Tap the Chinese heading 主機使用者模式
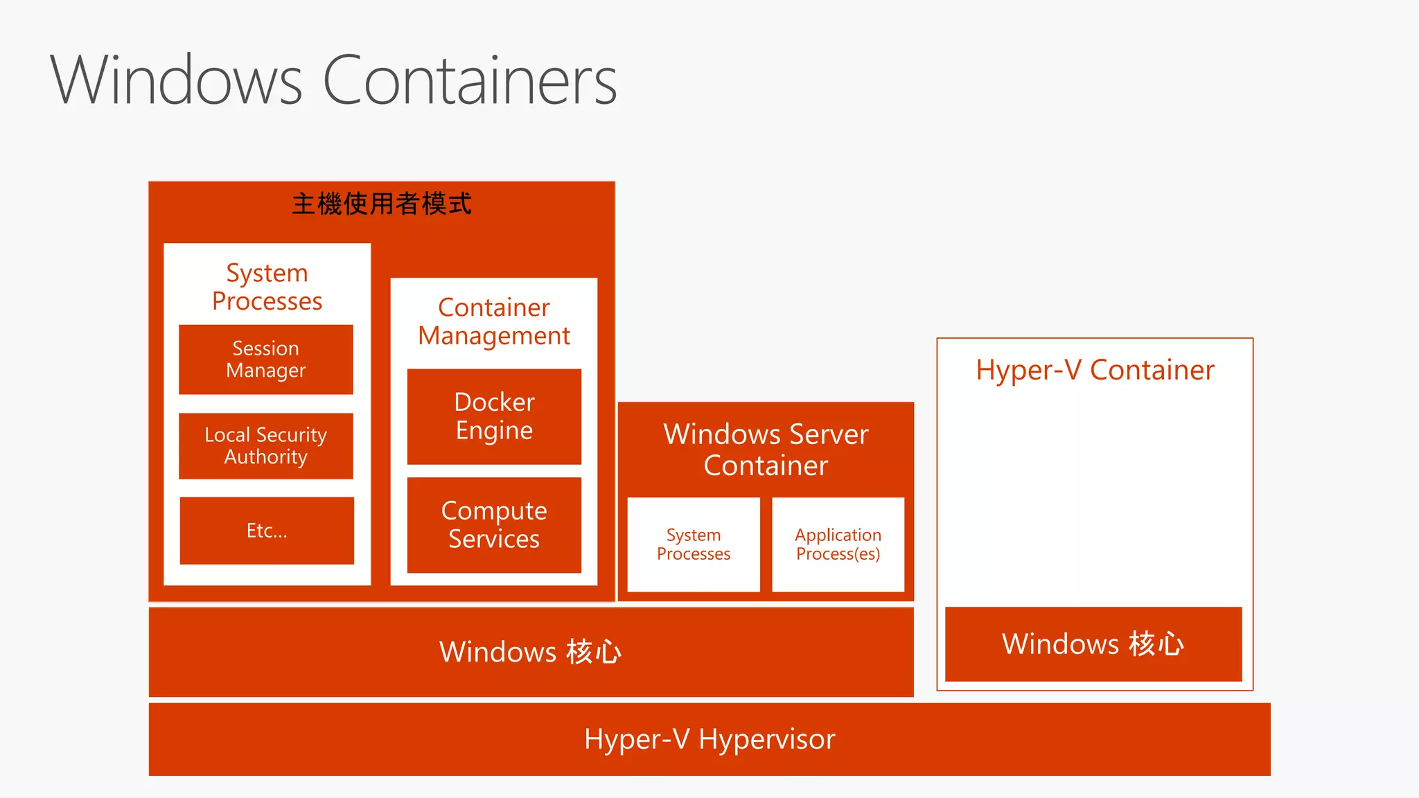click(x=382, y=204)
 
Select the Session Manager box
click(x=266, y=360)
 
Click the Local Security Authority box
click(x=266, y=446)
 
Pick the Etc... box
click(x=267, y=531)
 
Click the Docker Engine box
click(x=494, y=416)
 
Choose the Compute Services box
click(x=494, y=525)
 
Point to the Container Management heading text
click(x=494, y=321)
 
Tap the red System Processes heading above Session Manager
click(x=267, y=287)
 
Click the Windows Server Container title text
click(x=766, y=450)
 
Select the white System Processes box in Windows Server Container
click(x=694, y=544)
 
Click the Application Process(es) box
click(x=838, y=544)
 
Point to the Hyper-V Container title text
click(x=1095, y=370)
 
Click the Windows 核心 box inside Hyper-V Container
click(x=1093, y=644)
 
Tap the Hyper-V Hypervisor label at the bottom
click(x=709, y=739)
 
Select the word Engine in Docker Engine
click(x=494, y=431)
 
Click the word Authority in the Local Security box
click(x=266, y=457)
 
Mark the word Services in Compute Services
click(x=494, y=539)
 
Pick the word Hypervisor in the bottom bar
click(x=767, y=739)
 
